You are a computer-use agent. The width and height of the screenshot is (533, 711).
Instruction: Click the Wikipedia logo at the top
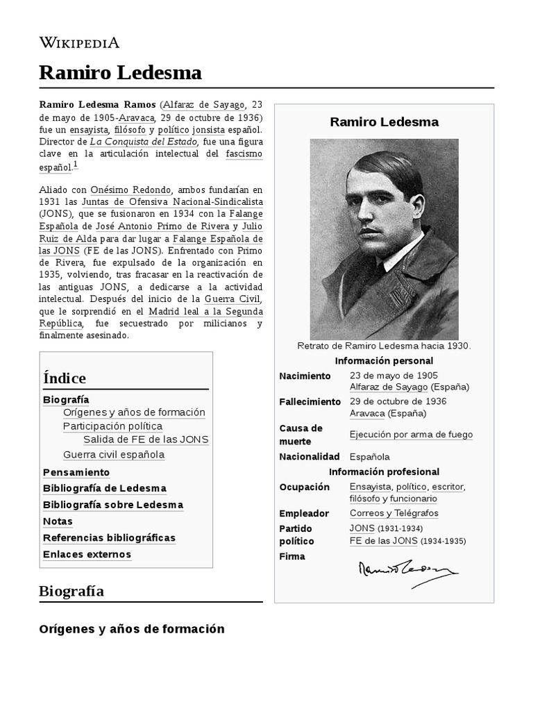[x=79, y=43]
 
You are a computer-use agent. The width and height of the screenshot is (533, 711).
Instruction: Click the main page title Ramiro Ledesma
[x=121, y=72]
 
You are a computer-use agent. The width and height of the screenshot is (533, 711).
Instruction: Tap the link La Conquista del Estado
[x=144, y=142]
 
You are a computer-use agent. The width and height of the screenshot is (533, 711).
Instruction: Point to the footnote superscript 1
[x=76, y=165]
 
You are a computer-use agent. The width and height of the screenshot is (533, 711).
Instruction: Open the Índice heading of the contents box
[x=65, y=378]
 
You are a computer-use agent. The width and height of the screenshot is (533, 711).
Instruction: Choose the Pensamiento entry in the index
[x=76, y=472]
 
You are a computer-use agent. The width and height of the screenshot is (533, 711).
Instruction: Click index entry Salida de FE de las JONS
[x=146, y=440]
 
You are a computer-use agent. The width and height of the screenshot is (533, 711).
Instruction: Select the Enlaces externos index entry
[x=87, y=554]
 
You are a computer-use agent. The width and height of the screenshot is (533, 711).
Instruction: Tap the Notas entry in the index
[x=58, y=521]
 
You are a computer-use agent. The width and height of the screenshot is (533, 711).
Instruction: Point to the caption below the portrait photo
[x=384, y=346]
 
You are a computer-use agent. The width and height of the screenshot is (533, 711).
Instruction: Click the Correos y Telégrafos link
[x=394, y=513]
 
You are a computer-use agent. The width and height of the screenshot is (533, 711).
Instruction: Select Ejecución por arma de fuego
[x=411, y=435]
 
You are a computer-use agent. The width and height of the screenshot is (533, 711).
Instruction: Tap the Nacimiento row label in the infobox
[x=305, y=376]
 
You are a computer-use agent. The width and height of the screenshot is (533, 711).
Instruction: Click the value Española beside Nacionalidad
[x=370, y=457]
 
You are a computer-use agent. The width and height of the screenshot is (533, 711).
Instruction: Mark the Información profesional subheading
[x=384, y=472]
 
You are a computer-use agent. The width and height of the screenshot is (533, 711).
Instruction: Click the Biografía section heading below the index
[x=71, y=592]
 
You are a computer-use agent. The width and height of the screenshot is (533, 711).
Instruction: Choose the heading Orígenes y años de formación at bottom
[x=131, y=629]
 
